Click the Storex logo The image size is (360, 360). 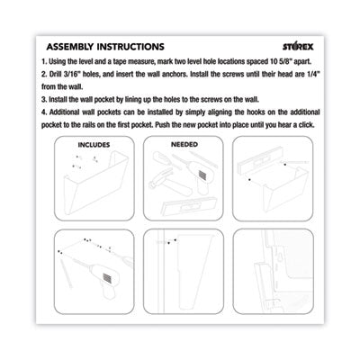298,47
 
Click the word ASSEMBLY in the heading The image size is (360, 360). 70,47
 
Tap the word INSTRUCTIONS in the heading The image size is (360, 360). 130,47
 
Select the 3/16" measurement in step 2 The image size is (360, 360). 72,74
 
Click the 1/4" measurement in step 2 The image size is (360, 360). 313,74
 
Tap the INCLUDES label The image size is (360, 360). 94,145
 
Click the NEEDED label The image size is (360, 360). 184,144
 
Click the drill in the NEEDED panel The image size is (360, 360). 198,177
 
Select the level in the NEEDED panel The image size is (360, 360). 189,206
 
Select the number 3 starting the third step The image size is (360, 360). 44,100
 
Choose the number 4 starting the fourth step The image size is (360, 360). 44,112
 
